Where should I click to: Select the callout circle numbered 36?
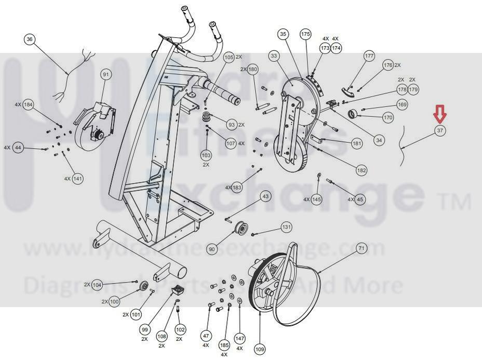point(30,39)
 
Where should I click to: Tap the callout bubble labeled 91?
point(106,75)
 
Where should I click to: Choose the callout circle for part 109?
point(259,349)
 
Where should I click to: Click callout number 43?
point(265,196)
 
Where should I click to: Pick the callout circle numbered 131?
point(287,227)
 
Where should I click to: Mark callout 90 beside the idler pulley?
point(211,249)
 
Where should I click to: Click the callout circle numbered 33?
point(274,56)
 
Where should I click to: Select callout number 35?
point(283,34)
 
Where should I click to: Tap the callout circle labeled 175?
point(305,34)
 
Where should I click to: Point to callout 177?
point(369,56)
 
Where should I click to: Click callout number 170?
point(388,118)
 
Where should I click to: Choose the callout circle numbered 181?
point(357,143)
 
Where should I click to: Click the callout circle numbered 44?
point(19,148)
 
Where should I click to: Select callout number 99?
point(144,329)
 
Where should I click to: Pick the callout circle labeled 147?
point(239,338)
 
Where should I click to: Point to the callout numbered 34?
point(379,140)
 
